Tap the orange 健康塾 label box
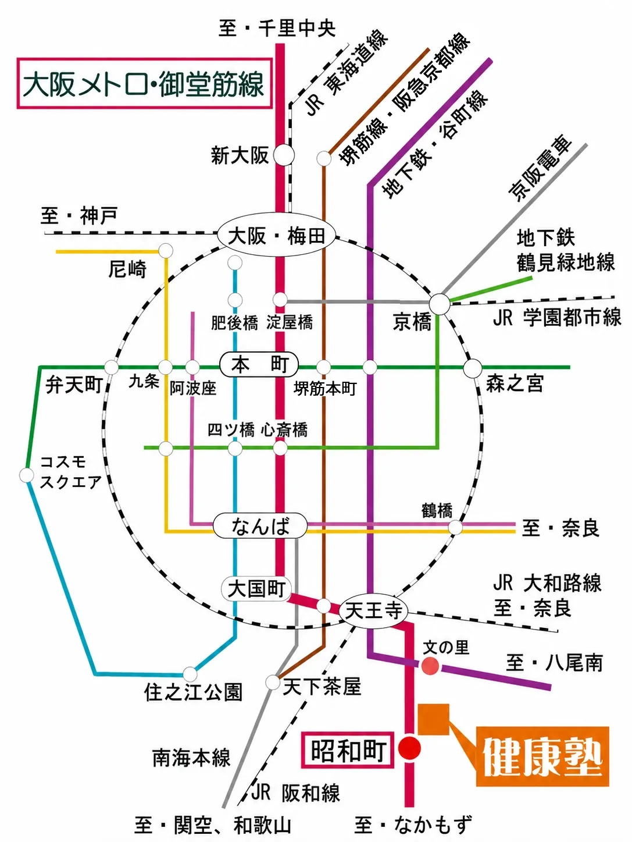point(542,756)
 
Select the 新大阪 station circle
point(284,155)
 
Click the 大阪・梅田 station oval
point(276,235)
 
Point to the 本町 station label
point(259,364)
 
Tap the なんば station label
point(260,526)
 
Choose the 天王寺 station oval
point(374,610)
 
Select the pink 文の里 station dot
point(430,665)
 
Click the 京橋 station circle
point(439,304)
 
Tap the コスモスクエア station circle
point(27,475)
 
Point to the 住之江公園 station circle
point(190,674)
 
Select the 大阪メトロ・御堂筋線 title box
point(145,83)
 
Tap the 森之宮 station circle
point(473,368)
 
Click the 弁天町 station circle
point(112,367)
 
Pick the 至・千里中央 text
point(277,29)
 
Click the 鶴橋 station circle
point(455,527)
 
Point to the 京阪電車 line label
point(540,168)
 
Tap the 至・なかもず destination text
point(413,825)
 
